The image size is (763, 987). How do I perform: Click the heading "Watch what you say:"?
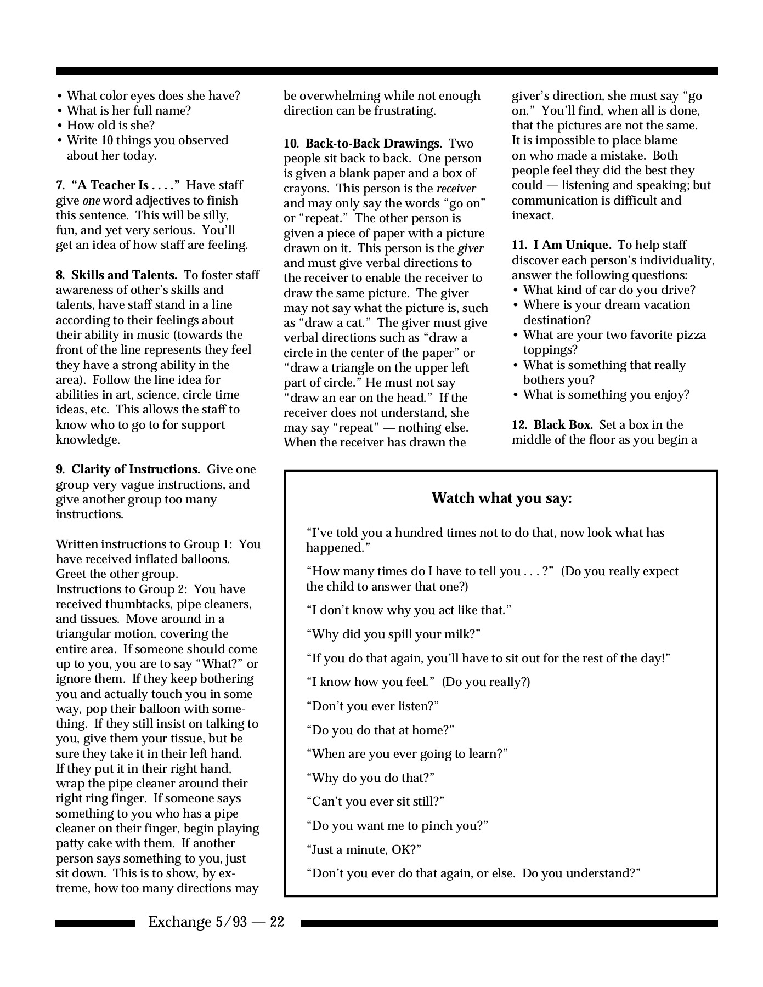click(501, 498)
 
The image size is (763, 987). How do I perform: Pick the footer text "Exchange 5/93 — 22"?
click(216, 922)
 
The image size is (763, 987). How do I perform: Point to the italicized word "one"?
click(91, 201)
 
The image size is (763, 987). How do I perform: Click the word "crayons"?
click(307, 189)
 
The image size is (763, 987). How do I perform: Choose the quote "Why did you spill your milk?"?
click(393, 634)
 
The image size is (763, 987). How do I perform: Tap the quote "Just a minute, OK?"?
click(364, 850)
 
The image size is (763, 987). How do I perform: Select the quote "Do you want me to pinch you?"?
click(397, 826)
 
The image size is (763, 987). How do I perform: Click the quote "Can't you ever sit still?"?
click(375, 802)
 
